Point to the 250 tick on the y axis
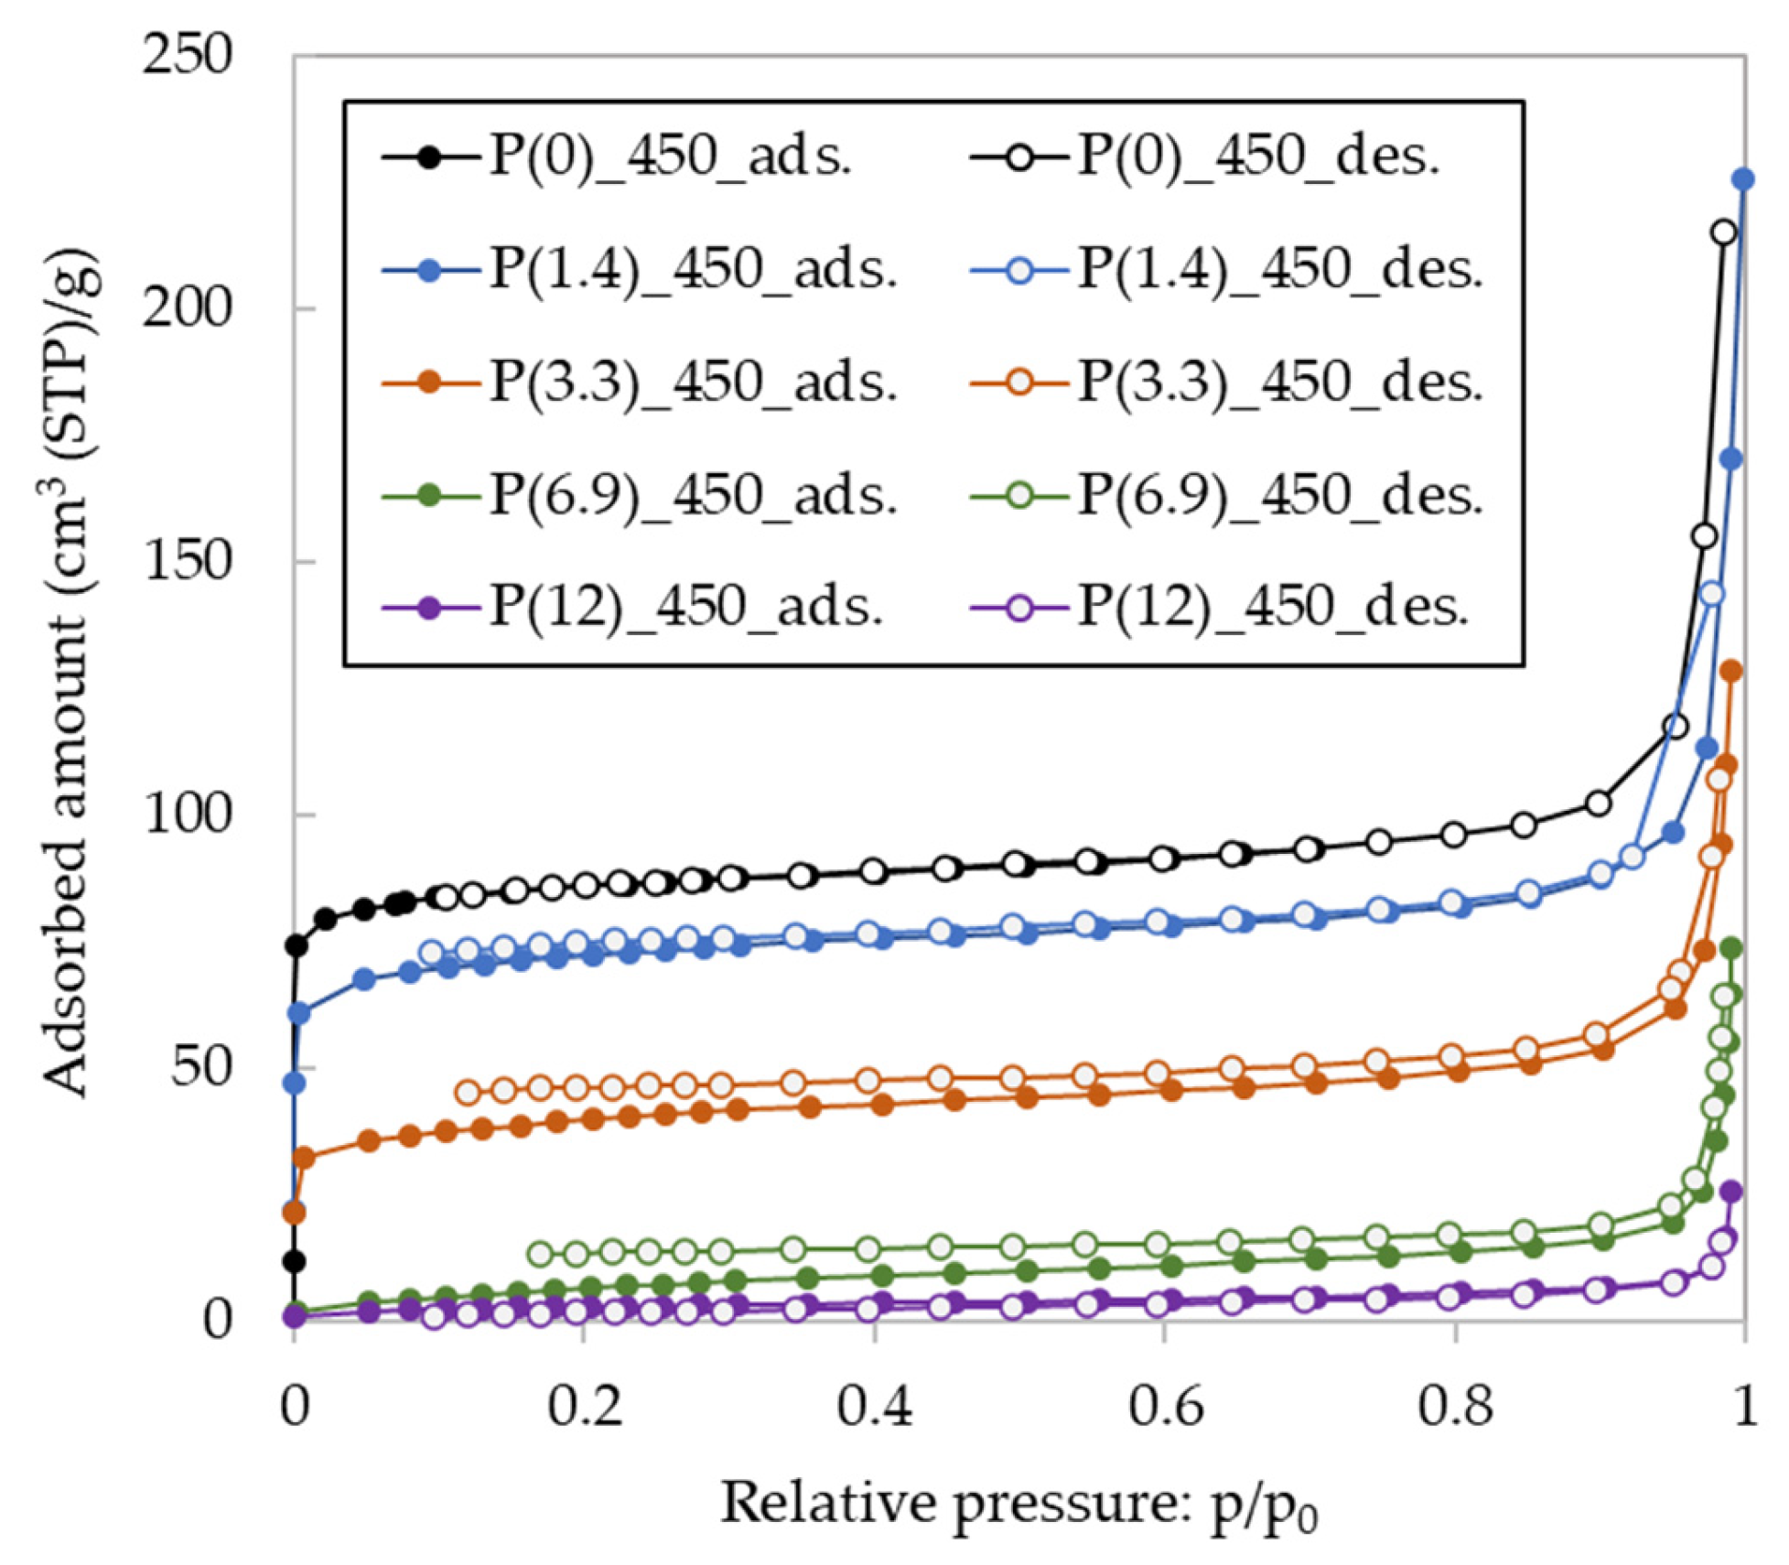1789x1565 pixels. pos(188,55)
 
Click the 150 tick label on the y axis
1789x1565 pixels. pos(188,560)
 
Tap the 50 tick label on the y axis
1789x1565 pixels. pos(201,1066)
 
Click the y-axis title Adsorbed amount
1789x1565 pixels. pos(69,673)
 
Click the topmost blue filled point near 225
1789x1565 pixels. pos(1743,179)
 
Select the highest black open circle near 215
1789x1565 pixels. pos(1724,232)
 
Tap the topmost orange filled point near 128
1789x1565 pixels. pos(1731,672)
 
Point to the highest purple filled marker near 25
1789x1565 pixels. pos(1731,1191)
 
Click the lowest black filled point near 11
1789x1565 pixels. pos(294,1262)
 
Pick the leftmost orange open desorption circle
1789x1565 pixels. pos(468,1092)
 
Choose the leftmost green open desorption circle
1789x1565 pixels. pos(540,1254)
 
